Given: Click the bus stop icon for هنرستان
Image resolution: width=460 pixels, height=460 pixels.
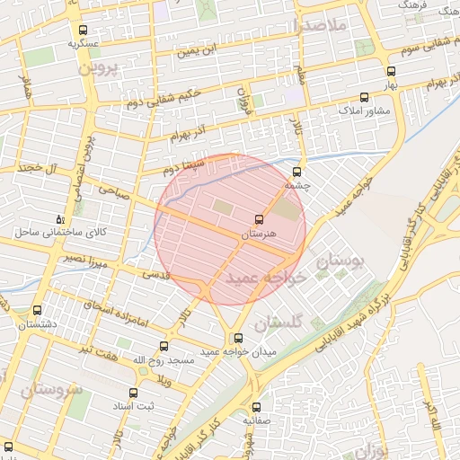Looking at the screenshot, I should click(x=260, y=219).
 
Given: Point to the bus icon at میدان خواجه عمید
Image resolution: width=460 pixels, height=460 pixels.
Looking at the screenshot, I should click(x=238, y=339).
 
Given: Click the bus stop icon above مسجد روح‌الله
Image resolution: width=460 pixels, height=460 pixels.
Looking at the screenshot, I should click(x=164, y=346).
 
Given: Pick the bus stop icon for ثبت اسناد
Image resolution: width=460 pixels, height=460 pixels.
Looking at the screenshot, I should click(x=133, y=393).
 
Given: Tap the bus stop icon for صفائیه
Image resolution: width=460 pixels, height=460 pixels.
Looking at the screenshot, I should click(x=256, y=407).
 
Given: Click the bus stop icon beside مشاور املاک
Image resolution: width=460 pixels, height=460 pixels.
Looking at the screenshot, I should click(x=364, y=97).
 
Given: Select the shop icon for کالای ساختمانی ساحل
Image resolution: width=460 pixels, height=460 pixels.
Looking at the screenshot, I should click(x=60, y=218).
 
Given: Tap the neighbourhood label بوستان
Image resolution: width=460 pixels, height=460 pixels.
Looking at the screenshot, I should click(x=342, y=261).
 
